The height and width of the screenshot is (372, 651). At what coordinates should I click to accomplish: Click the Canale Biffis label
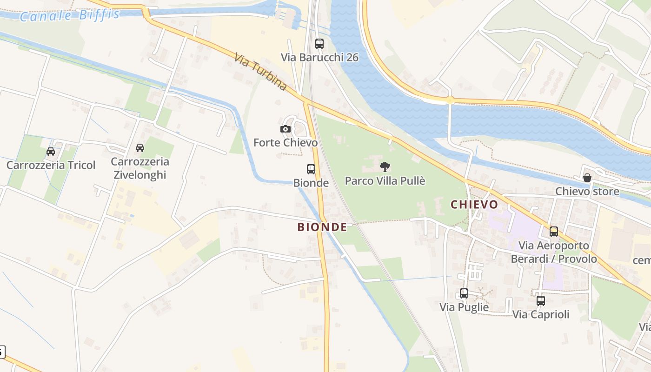pos(70,15)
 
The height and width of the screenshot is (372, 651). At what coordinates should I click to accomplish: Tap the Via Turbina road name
pos(260,72)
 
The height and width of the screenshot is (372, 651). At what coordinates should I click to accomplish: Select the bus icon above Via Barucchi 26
pos(319,44)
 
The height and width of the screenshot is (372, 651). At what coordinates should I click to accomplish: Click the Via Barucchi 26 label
pos(319,57)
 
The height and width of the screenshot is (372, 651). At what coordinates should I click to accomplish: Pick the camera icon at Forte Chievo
pos(286,129)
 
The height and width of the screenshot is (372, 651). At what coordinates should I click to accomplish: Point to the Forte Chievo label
pos(286,142)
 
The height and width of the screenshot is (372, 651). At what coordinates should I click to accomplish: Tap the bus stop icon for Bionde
pos(311,169)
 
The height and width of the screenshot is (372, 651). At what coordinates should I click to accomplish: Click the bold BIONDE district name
pos(322,227)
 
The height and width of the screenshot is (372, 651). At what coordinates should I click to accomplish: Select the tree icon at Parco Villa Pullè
pos(385,167)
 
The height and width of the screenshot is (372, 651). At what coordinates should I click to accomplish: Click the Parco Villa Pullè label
pos(385,180)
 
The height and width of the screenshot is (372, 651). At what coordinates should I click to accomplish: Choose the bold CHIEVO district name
pos(474,205)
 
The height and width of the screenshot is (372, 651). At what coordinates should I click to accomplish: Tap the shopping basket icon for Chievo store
pos(587,178)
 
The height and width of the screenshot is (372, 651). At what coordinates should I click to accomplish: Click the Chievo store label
pos(587,191)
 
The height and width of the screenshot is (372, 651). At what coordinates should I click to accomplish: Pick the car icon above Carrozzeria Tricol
pos(51,152)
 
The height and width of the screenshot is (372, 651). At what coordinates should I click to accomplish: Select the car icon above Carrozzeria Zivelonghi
pos(139,148)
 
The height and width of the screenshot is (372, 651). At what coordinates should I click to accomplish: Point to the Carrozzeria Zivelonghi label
pos(139,168)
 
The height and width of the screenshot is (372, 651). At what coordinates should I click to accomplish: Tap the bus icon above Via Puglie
pos(464,293)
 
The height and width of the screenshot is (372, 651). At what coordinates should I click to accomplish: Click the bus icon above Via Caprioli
pos(540,301)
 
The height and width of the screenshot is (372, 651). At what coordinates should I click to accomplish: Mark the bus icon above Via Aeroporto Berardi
pos(554,232)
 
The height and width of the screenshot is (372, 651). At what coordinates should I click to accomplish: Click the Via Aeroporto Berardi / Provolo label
pos(554,252)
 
